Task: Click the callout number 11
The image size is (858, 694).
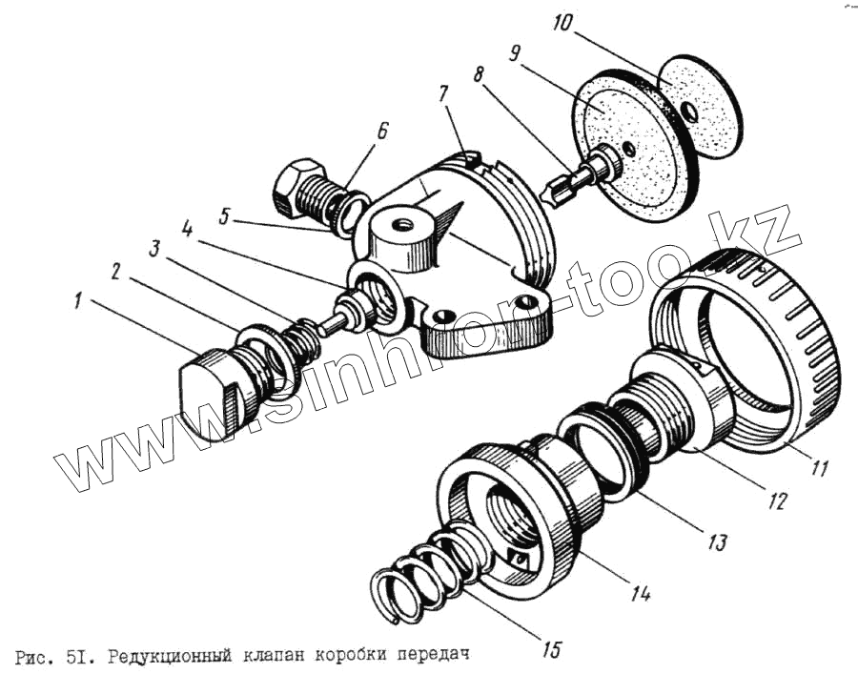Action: point(821,468)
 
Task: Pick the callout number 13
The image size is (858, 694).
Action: point(715,542)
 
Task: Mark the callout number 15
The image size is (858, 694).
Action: point(550,651)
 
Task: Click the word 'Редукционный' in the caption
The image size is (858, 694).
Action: point(172,657)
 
